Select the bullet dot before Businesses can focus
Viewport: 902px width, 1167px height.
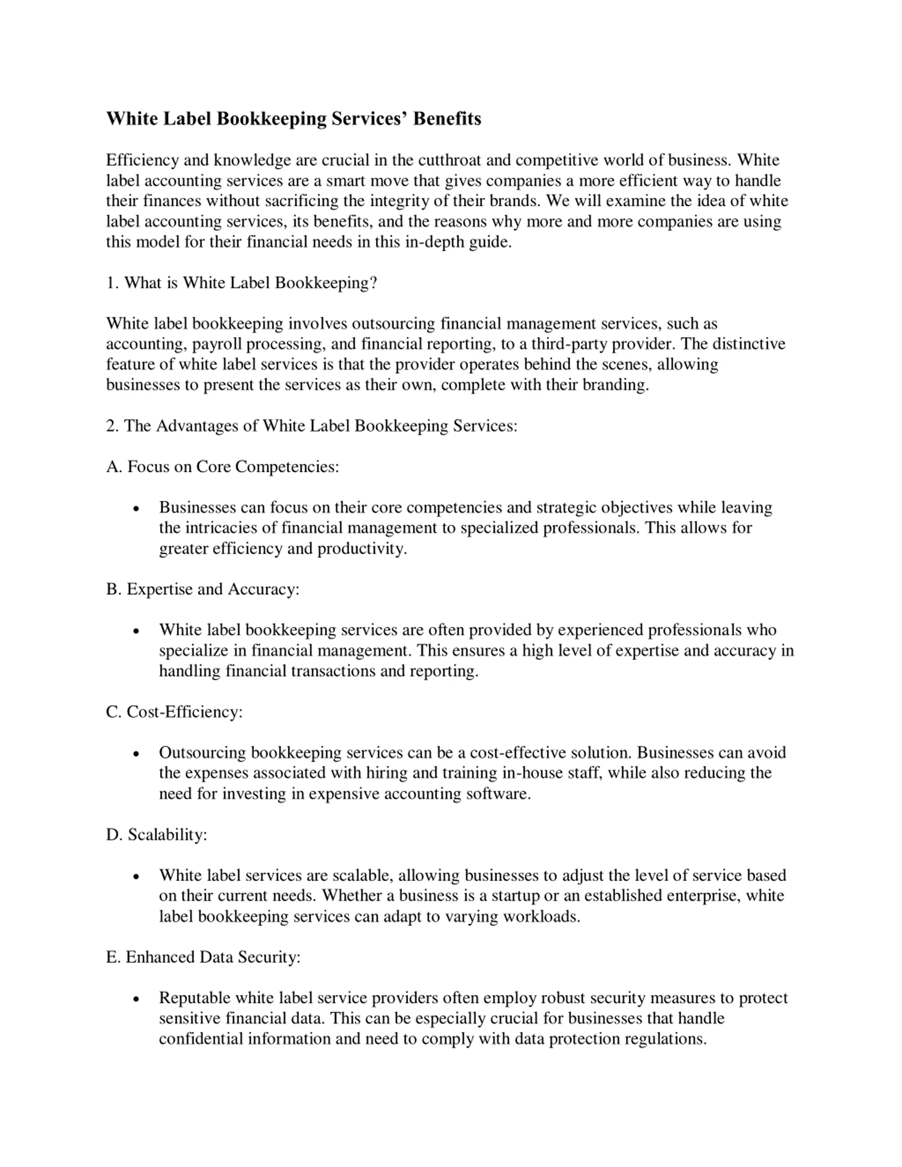(137, 509)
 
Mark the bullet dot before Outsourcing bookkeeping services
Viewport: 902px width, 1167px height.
(137, 754)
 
